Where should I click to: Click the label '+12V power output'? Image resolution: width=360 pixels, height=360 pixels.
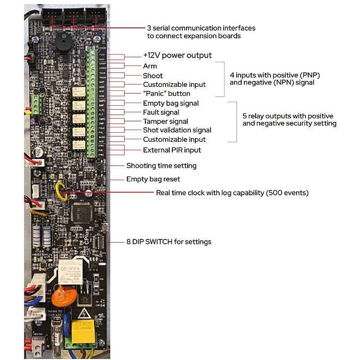click(177, 56)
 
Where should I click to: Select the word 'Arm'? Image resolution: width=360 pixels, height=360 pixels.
click(150, 66)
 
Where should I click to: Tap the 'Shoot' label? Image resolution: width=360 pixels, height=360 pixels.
click(153, 76)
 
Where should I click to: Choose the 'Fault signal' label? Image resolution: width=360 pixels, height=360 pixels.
click(161, 112)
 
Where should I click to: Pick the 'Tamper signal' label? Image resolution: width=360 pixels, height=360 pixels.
click(165, 121)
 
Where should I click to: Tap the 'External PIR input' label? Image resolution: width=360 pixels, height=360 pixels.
click(172, 150)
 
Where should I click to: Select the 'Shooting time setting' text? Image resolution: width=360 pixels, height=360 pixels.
click(161, 166)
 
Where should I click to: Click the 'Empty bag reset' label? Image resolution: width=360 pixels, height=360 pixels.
click(153, 179)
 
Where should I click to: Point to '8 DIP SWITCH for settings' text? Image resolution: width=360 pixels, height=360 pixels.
click(168, 242)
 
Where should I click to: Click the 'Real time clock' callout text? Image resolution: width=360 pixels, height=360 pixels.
click(232, 193)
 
